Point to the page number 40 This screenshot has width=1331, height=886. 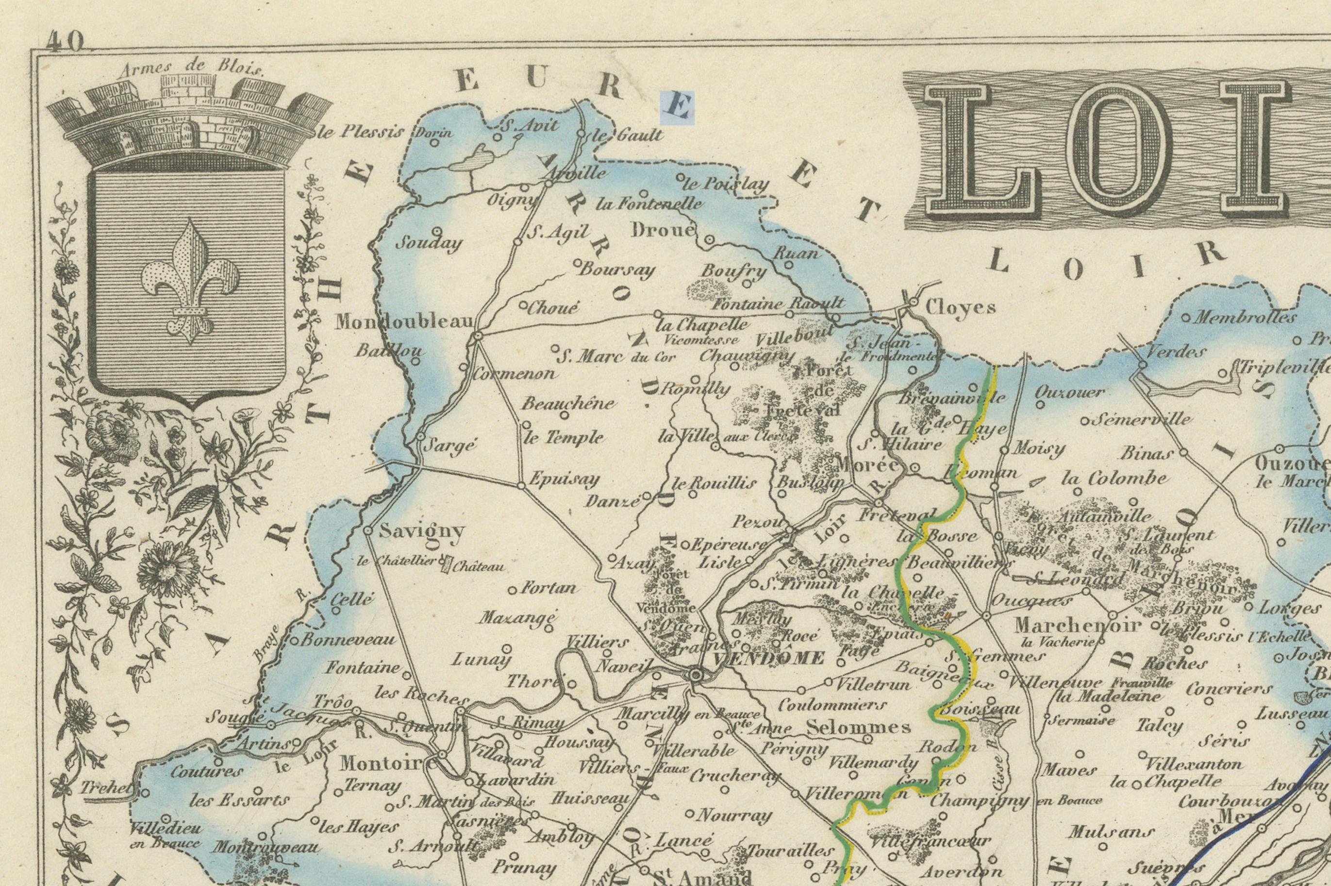(x=65, y=41)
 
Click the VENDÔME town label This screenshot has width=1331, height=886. (x=768, y=659)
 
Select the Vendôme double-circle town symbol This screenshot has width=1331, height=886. (x=696, y=675)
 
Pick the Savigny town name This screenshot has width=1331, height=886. (x=421, y=530)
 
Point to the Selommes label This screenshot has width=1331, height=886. (x=858, y=727)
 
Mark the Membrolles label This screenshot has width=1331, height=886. (x=1245, y=317)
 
